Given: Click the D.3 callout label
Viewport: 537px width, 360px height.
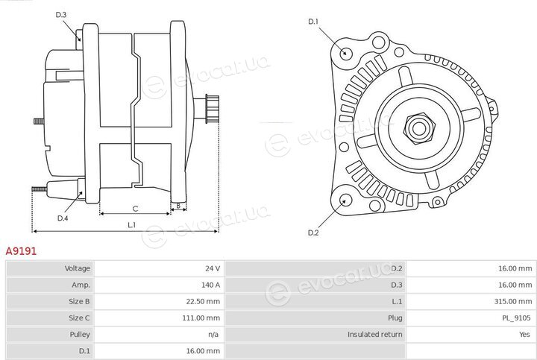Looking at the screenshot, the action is coord(61,15).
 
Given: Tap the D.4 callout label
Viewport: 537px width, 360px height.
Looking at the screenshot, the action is coord(63,218).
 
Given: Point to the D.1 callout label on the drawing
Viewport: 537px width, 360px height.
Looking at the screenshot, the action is coord(313,22).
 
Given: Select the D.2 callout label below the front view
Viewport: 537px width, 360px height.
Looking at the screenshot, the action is coord(313,233).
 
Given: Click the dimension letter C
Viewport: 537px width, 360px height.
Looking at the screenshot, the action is coord(135,209).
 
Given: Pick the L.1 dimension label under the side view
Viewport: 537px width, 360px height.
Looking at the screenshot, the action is coord(132,225).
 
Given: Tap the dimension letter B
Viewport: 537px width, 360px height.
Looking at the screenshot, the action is coord(178,206).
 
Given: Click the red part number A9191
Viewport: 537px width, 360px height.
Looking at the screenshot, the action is coord(21,251).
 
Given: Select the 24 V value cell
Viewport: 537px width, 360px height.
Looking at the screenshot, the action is coord(213,268).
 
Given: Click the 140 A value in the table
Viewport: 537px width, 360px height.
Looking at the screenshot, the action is coord(210,285).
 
